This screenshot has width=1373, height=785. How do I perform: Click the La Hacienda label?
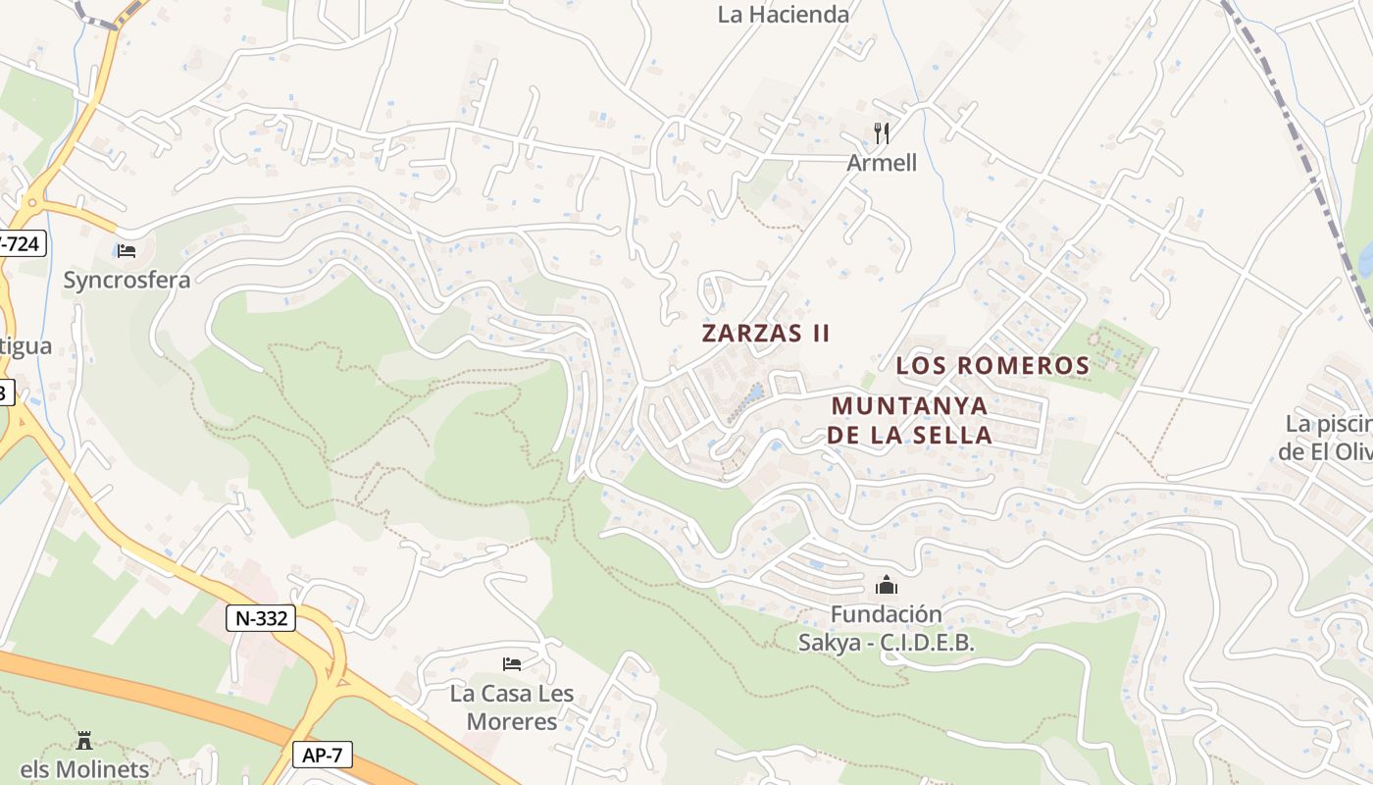pos(783,15)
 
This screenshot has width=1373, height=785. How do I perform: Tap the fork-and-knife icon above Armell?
pos(882,133)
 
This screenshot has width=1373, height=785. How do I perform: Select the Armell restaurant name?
pos(882,163)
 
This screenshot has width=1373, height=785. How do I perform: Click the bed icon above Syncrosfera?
pos(126,251)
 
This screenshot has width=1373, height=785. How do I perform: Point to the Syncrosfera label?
pos(127,280)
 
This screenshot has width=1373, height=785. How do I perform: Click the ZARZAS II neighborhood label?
pos(766,334)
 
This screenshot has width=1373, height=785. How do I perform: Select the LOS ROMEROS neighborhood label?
pos(992,366)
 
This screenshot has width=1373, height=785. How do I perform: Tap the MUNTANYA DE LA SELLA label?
pos(909,420)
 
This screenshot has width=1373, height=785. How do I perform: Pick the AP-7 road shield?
pos(322,755)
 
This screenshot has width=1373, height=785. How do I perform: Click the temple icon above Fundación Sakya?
pos(886,586)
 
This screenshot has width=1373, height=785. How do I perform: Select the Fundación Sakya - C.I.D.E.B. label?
pos(886,628)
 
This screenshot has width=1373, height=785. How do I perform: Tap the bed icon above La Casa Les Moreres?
pos(512,664)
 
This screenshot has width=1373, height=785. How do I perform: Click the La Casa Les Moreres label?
pos(512,707)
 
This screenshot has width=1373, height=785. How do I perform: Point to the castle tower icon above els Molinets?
pos(84,741)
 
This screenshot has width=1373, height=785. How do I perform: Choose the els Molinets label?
pos(84,769)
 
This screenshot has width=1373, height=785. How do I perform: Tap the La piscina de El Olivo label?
pos(1329,438)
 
